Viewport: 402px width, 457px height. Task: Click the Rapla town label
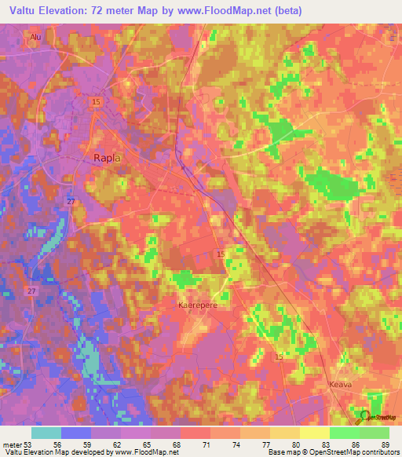(107, 158)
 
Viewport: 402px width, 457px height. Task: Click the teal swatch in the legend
(46, 433)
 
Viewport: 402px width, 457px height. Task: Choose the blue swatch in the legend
(76, 433)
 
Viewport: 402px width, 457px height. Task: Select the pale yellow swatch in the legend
(314, 433)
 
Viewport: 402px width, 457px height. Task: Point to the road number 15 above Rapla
(96, 102)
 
